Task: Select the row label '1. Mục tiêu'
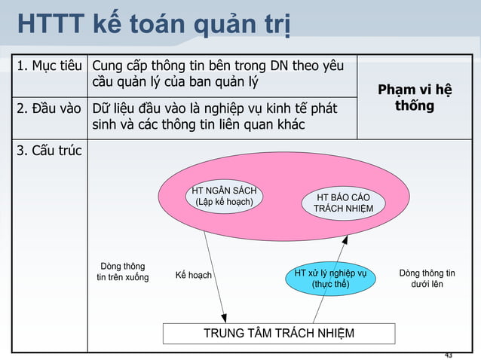pos(48,66)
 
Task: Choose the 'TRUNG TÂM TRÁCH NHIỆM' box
pos(279,334)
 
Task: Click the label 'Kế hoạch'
pos(193,276)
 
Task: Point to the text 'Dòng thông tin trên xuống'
pos(123,272)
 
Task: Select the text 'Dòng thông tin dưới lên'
pos(427,279)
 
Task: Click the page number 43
pos(449,355)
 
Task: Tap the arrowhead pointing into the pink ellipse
pos(346,239)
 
